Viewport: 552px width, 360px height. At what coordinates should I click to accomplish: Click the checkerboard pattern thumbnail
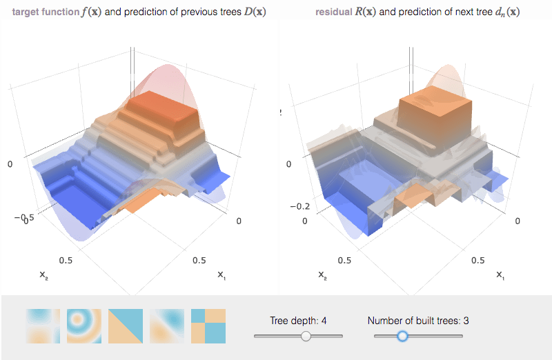pyautogui.click(x=208, y=326)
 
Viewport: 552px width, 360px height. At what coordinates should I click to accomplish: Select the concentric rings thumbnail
pyautogui.click(x=84, y=326)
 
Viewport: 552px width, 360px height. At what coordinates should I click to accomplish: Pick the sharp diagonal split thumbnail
pyautogui.click(x=126, y=326)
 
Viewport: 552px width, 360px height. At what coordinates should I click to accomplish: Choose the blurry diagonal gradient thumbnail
pyautogui.click(x=167, y=326)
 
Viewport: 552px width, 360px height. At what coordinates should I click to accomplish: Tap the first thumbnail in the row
pyautogui.click(x=43, y=326)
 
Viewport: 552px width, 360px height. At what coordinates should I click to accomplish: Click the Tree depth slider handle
pyautogui.click(x=306, y=336)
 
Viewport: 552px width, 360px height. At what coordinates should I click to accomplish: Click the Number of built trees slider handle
pyautogui.click(x=403, y=336)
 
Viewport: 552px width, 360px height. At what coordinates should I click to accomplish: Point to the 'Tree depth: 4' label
pyautogui.click(x=298, y=320)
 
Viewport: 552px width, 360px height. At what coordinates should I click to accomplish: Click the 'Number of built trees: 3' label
pyautogui.click(x=418, y=320)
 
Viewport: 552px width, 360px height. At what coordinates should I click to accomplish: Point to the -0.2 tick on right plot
pyautogui.click(x=299, y=206)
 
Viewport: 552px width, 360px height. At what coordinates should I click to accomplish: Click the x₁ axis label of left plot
pyautogui.click(x=221, y=275)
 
